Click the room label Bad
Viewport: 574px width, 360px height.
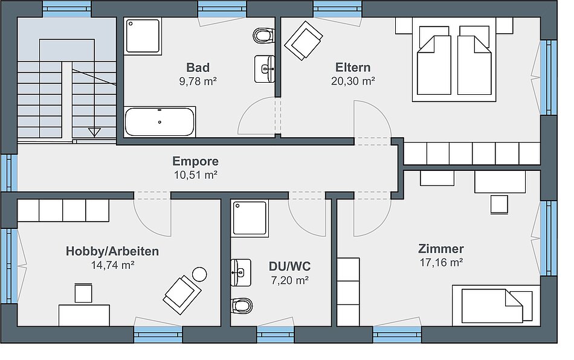tap(198, 68)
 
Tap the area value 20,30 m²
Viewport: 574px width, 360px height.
tap(353, 81)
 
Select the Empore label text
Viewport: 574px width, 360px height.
tap(196, 161)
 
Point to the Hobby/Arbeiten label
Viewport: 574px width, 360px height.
tap(112, 251)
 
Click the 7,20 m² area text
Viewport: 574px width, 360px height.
tap(289, 280)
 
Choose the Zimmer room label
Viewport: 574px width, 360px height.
tap(440, 249)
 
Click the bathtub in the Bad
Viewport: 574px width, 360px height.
tap(160, 122)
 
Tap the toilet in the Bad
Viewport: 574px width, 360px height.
tap(263, 36)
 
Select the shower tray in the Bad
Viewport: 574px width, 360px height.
tap(143, 36)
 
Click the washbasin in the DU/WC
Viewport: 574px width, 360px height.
tap(241, 272)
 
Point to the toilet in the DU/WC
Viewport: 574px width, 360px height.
tap(242, 306)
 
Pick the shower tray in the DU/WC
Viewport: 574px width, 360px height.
tap(250, 217)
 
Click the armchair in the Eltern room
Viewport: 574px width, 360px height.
tap(303, 40)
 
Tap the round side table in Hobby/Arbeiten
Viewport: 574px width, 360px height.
tap(199, 274)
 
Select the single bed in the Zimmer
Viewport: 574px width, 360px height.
tap(492, 306)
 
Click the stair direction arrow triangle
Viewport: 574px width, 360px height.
tap(94, 132)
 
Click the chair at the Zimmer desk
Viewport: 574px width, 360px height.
tap(499, 204)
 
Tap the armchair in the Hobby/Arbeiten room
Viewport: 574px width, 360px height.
tap(182, 295)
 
